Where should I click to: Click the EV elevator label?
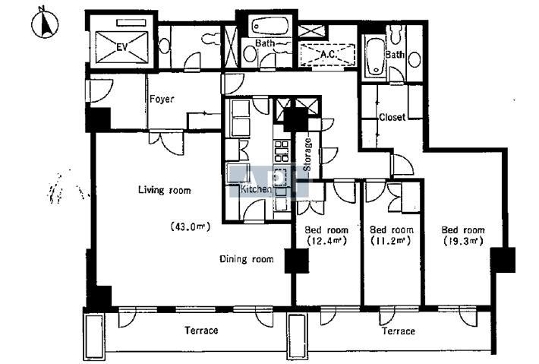tap(122, 47)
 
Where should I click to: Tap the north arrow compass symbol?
tap(45, 23)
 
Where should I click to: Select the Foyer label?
tap(162, 99)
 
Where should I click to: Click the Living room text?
tap(164, 190)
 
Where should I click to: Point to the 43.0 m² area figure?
tap(190, 226)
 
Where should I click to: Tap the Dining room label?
tap(247, 258)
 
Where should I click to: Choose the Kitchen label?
tap(256, 189)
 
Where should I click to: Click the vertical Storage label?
tap(307, 154)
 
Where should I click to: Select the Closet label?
tap(392, 117)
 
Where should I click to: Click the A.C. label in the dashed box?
tap(329, 54)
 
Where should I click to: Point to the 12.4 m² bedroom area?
tap(326, 240)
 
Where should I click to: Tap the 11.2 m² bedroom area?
tap(390, 240)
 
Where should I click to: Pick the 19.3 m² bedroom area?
tap(463, 241)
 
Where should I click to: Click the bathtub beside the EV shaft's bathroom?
tap(270, 26)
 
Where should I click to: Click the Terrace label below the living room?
tap(201, 331)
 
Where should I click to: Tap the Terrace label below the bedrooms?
tap(399, 331)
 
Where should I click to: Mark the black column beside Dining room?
tap(297, 261)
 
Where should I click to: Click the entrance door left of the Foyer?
tap(99, 91)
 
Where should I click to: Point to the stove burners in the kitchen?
tap(281, 151)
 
